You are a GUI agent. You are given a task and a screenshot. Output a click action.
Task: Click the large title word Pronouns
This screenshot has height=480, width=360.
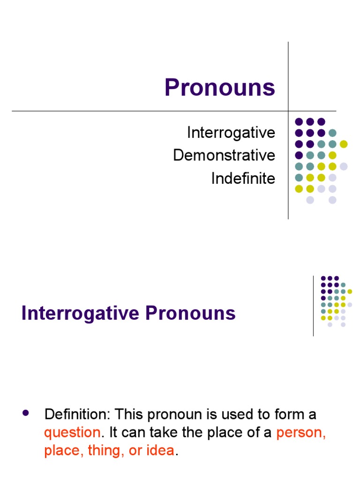pos(219,88)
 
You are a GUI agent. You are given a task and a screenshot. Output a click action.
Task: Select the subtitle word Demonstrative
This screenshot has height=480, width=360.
pos(224,155)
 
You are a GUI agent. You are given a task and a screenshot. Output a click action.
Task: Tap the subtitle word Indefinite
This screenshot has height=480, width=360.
pos(243,178)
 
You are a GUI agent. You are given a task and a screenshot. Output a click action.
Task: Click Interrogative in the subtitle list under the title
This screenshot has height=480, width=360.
pos(231,133)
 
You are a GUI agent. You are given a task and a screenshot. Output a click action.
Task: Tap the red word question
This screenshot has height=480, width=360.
pos(72,433)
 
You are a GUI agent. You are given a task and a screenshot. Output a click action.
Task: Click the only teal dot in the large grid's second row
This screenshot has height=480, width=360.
pos(332,133)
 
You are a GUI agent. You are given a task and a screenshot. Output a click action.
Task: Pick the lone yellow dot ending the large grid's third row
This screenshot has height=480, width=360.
pos(344,144)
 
